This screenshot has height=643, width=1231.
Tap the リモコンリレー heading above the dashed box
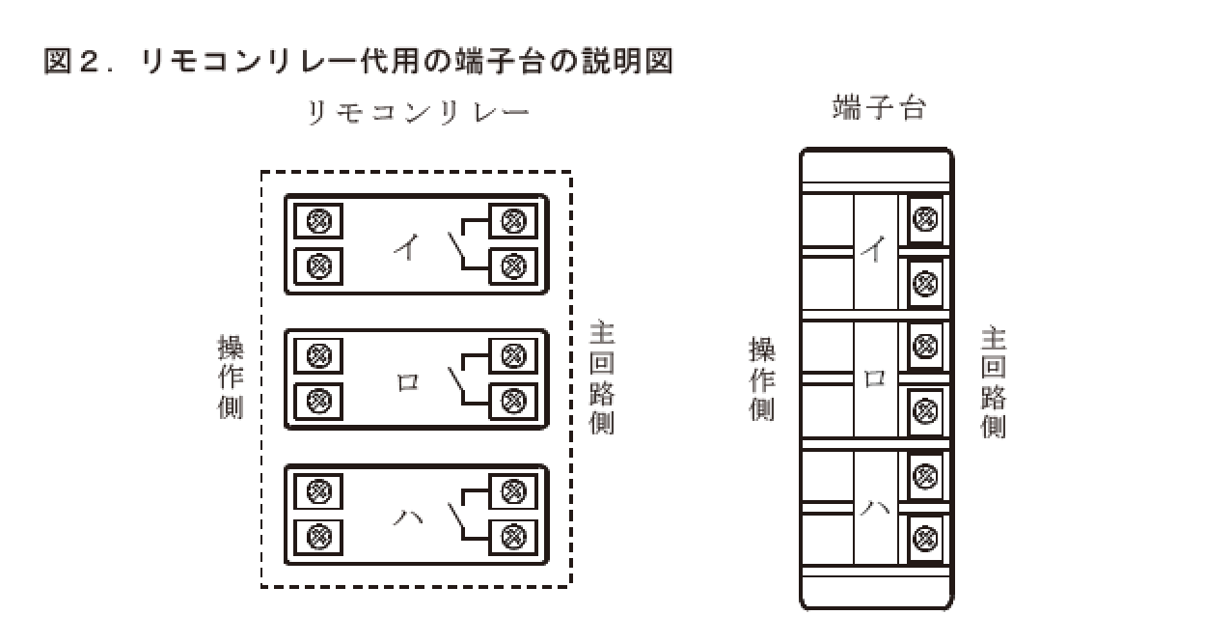[x=418, y=113]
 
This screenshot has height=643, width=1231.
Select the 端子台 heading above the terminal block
[x=878, y=108]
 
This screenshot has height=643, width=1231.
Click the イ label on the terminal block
[x=873, y=251]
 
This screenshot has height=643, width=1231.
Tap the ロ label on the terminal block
[x=874, y=379]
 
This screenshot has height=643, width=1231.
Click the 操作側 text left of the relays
[x=231, y=377]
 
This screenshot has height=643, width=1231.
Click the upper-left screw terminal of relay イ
[x=318, y=222]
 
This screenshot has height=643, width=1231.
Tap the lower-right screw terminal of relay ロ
[x=513, y=399]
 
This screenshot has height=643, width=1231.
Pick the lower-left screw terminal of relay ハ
[x=318, y=534]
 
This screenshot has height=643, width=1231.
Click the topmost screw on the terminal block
[x=925, y=219]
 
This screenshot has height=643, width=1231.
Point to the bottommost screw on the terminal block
[x=925, y=537]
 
